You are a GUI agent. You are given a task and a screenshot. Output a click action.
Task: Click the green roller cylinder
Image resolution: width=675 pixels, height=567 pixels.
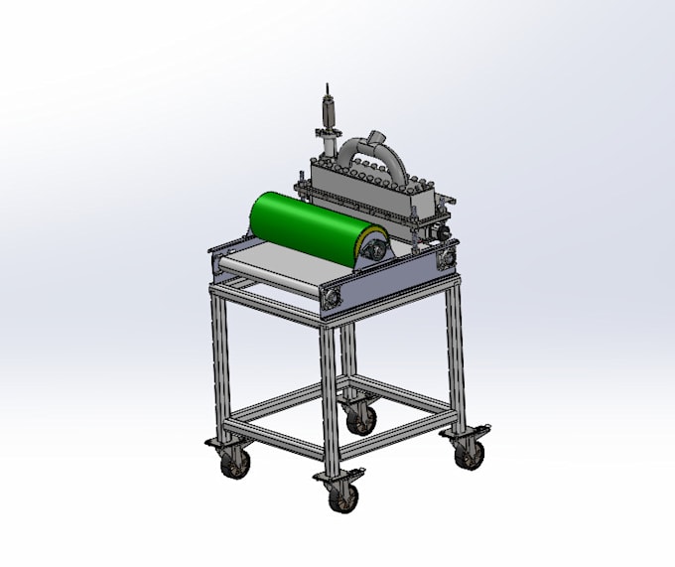coord(303,227)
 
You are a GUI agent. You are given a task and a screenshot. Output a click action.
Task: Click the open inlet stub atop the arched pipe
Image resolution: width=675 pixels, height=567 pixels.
coord(375,135)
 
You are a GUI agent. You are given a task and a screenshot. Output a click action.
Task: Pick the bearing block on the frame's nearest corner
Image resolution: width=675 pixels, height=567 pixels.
coord(331,294)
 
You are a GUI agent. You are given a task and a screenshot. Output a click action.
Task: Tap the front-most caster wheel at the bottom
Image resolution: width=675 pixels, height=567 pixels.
coord(339,497)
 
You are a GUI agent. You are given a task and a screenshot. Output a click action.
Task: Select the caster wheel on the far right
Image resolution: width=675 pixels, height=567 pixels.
coord(470,453)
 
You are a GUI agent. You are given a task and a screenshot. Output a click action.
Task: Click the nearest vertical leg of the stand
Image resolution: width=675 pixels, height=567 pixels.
coord(329,397)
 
